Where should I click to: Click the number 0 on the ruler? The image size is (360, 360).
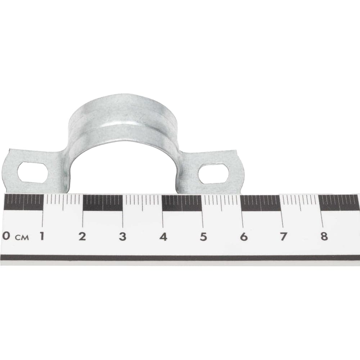[6, 236]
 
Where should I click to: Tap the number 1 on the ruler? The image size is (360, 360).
[42, 236]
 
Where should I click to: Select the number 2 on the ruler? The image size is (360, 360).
[82, 236]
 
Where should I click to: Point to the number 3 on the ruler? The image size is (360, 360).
[123, 237]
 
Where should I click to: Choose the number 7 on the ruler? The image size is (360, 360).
[283, 237]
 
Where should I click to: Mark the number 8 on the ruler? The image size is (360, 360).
[324, 236]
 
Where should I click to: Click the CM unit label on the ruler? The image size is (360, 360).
[22, 237]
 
